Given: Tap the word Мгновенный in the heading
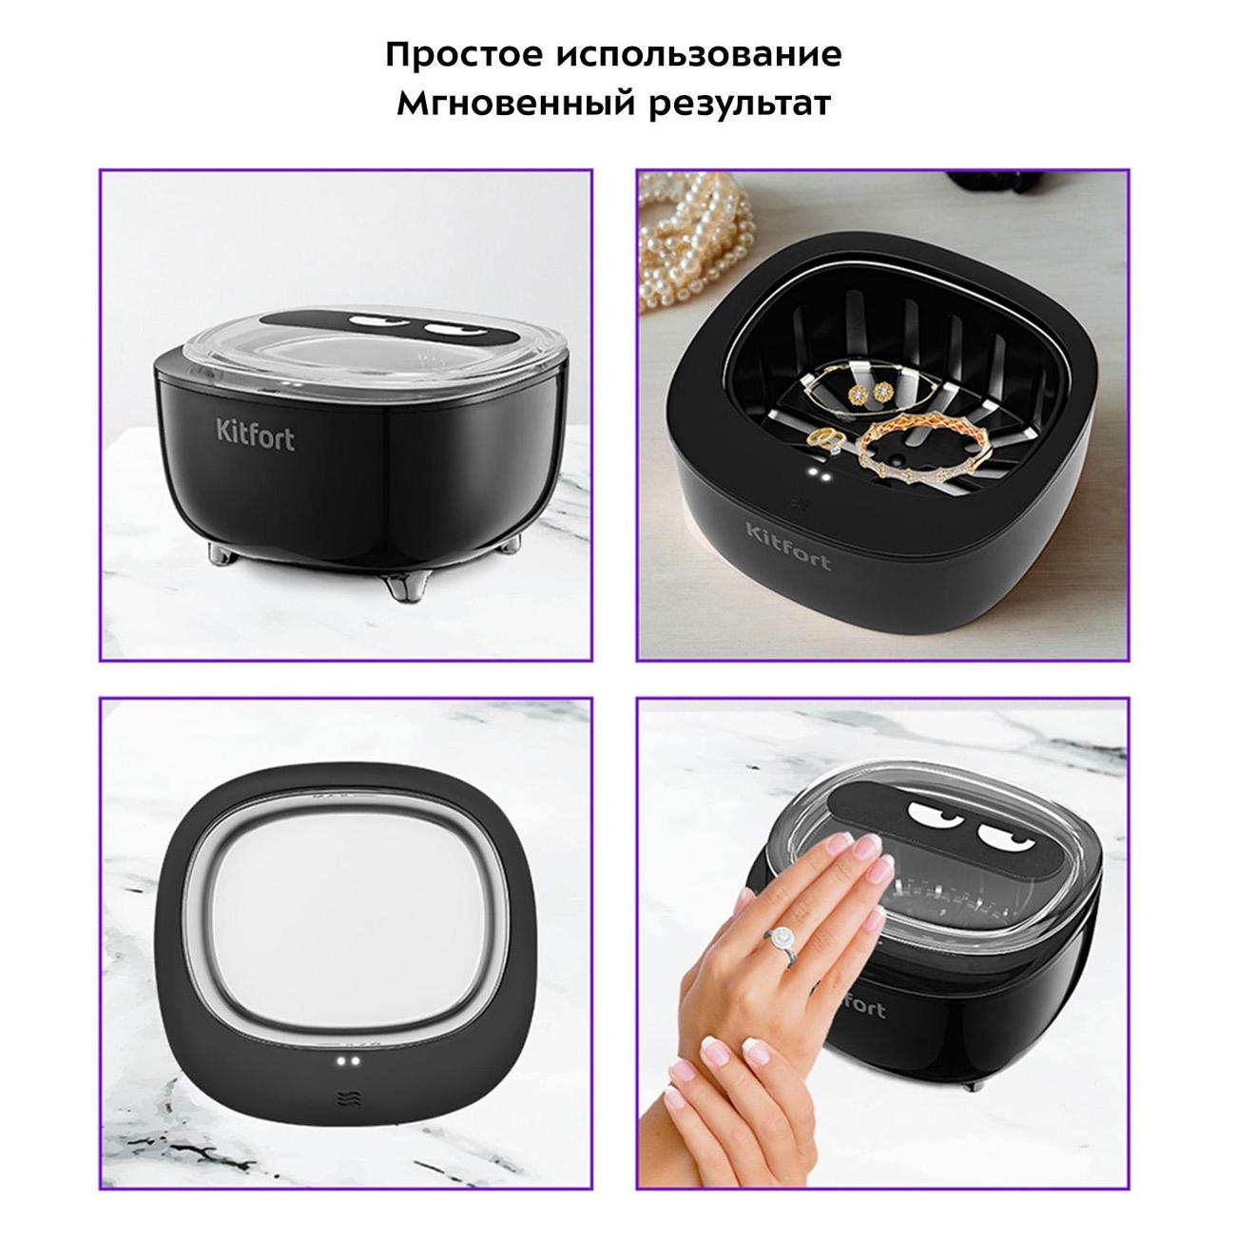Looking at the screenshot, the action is pyautogui.click(x=515, y=103).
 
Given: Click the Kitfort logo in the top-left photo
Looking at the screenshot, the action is pyautogui.click(x=256, y=435).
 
